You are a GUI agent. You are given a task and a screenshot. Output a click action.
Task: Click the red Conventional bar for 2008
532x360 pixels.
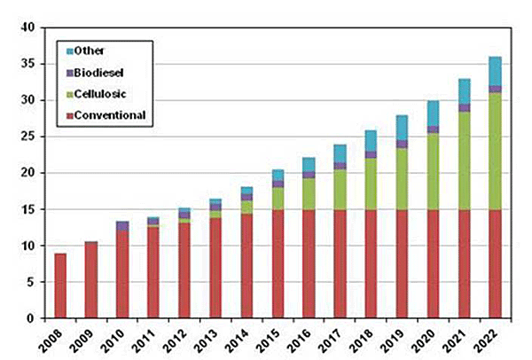tap(60, 286)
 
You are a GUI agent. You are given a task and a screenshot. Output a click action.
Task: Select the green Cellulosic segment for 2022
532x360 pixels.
tap(495, 151)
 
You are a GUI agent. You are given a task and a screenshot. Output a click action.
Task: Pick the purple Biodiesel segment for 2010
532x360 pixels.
tap(122, 226)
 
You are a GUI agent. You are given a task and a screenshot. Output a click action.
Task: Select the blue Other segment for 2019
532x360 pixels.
tap(402, 128)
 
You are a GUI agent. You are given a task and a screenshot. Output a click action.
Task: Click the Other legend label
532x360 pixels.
tap(89, 50)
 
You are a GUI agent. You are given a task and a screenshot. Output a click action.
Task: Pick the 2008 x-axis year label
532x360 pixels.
tap(56, 340)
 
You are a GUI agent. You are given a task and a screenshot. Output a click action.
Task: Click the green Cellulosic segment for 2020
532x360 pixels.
tap(433, 168)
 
